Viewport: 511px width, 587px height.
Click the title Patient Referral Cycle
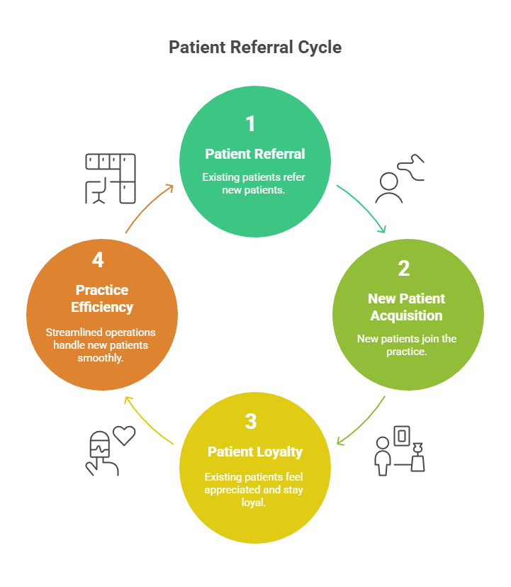tap(255, 47)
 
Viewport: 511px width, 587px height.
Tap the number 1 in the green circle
tap(250, 124)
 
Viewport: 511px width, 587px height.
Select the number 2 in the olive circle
tap(403, 269)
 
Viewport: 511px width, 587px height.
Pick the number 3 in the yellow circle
tap(250, 421)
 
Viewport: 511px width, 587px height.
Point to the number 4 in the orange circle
tap(98, 260)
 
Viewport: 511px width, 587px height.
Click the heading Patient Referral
tap(255, 154)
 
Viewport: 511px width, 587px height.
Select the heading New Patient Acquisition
tap(406, 307)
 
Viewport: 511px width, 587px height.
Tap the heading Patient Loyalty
tap(255, 452)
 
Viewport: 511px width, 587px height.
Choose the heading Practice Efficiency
tap(102, 298)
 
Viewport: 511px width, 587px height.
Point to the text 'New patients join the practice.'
tap(407, 345)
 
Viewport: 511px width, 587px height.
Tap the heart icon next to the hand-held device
tap(124, 435)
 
